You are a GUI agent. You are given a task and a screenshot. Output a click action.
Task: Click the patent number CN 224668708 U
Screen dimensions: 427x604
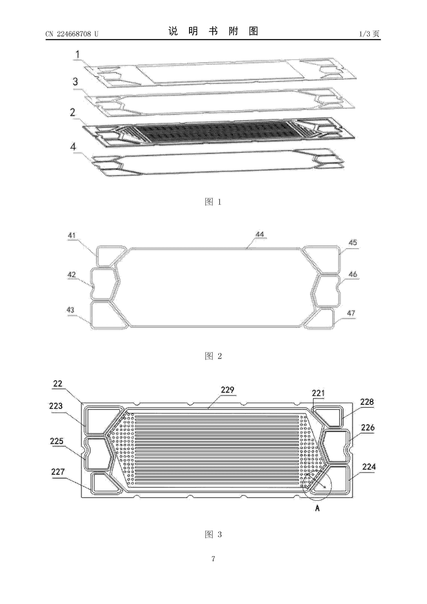pos(72,34)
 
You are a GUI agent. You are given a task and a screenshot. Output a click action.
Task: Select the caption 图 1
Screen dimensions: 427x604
pos(213,202)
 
